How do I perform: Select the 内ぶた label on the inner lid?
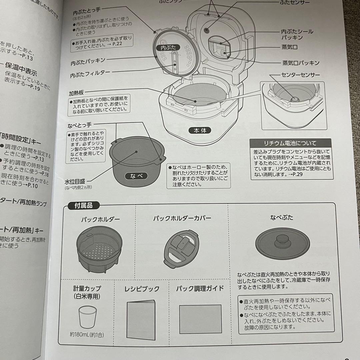point(168,48)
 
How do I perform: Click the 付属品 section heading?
point(80,205)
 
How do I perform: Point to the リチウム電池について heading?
point(290,143)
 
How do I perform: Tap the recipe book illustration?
point(141,315)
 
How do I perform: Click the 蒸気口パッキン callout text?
point(301,63)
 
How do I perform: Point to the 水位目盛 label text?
point(75,181)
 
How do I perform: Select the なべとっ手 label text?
point(80,125)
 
